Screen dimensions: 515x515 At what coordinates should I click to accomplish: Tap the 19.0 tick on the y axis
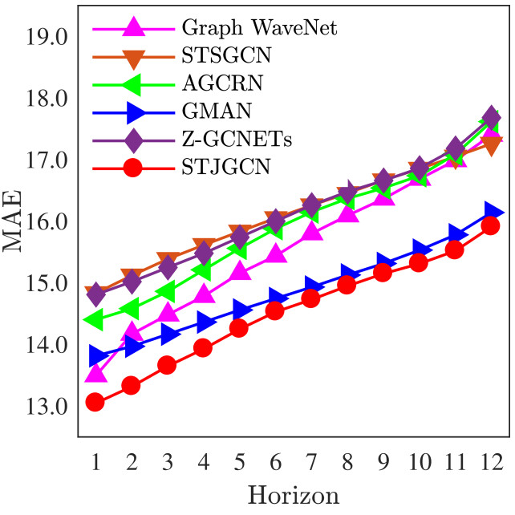(x=47, y=37)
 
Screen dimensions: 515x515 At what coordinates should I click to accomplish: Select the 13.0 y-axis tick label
(x=47, y=407)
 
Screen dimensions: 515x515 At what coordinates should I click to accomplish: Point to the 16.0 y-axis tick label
(x=47, y=222)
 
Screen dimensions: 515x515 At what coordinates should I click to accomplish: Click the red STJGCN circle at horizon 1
(x=95, y=402)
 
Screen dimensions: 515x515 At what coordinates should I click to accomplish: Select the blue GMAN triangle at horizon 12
(x=493, y=212)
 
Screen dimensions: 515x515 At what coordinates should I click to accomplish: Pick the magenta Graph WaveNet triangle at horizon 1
(x=95, y=373)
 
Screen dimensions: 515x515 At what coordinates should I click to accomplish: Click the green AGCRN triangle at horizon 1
(x=94, y=321)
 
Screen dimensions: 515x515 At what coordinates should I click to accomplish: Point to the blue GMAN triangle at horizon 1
(x=97, y=355)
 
